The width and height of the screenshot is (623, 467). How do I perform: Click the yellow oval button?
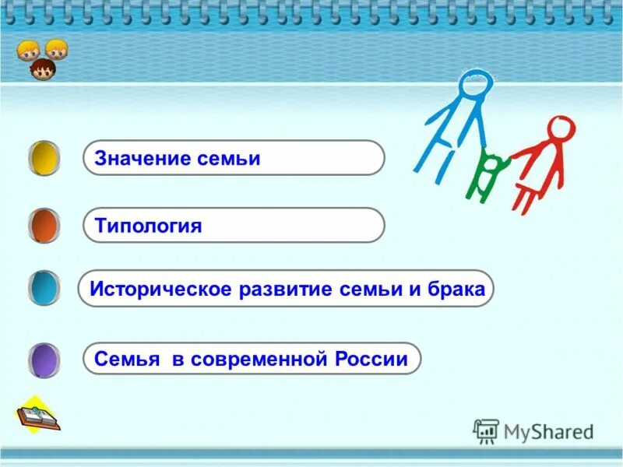(44, 158)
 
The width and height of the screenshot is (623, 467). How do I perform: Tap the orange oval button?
(44, 226)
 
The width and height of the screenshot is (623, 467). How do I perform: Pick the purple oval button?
(44, 359)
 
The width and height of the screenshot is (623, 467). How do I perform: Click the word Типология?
(148, 226)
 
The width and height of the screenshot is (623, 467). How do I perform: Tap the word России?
(371, 360)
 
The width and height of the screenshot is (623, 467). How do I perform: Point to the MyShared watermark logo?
(533, 430)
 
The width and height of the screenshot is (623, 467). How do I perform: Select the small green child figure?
(489, 172)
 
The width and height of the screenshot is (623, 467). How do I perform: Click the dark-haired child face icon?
(43, 70)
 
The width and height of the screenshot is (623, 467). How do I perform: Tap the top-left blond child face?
(28, 50)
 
